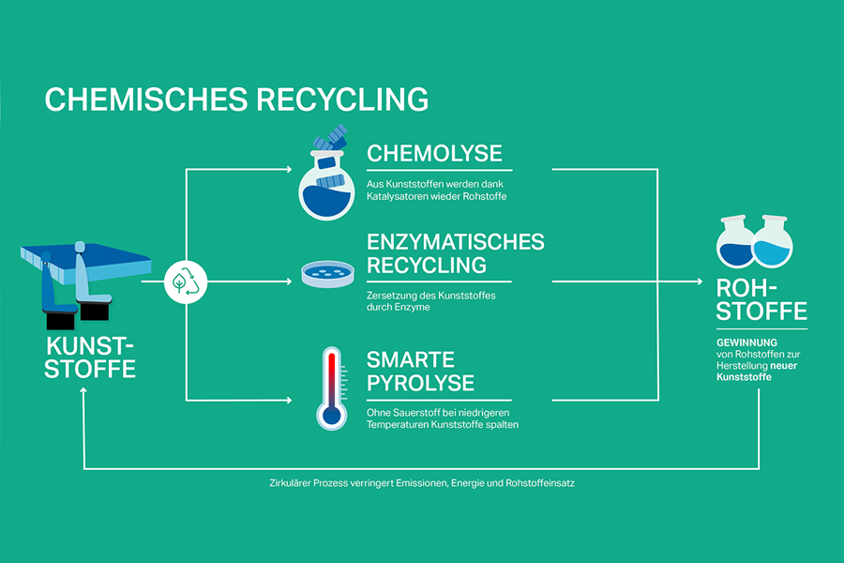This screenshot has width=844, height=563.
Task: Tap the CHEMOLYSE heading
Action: [x=434, y=153]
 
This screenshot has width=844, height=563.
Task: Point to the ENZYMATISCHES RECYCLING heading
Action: [x=455, y=252]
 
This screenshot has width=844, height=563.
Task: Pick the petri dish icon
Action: [x=328, y=274]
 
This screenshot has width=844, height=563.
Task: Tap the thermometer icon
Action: [x=329, y=387]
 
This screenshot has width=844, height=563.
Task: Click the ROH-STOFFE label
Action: [x=761, y=299]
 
